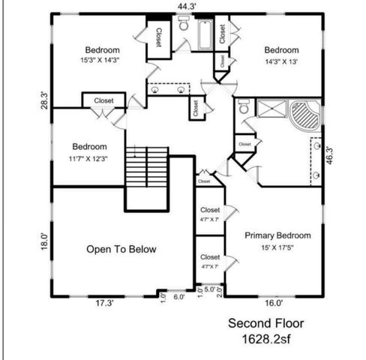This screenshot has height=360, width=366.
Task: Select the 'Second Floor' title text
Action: coord(266,324)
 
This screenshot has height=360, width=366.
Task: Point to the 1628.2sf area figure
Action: coord(266,339)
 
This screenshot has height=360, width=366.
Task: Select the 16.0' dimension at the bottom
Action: coord(274,304)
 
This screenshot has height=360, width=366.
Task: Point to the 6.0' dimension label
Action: coord(178,296)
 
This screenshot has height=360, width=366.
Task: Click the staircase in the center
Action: coord(145,168)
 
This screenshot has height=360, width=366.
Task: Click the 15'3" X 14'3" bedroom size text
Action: coord(102,59)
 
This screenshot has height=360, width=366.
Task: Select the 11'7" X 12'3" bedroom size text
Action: coord(89,157)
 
